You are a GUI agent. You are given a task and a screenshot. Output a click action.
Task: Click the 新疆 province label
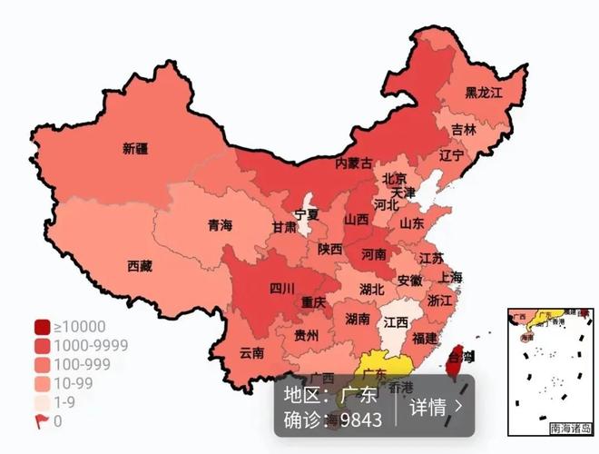(x=135, y=148)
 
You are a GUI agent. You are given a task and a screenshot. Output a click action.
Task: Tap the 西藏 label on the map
(x=140, y=266)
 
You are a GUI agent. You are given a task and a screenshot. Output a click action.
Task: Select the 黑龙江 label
(x=484, y=93)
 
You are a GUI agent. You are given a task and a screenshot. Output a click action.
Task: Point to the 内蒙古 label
(x=354, y=163)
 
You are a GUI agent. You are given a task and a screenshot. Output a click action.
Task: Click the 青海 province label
(x=220, y=225)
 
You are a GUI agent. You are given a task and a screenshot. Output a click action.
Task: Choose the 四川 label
(x=281, y=289)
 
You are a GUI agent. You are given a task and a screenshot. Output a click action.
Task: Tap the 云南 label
(x=251, y=352)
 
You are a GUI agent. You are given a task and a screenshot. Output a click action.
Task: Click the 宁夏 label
(x=307, y=215)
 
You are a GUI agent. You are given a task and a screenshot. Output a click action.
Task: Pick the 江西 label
(x=395, y=322)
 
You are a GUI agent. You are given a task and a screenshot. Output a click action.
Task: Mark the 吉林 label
(x=464, y=129)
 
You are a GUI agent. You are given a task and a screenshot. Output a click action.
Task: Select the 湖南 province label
(x=358, y=319)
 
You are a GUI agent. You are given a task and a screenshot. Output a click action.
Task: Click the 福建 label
(x=424, y=338)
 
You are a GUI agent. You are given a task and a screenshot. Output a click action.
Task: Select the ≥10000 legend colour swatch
(x=42, y=327)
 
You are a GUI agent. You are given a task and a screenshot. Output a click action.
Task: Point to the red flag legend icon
(x=42, y=420)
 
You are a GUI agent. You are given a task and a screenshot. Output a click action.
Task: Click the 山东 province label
(x=411, y=222)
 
